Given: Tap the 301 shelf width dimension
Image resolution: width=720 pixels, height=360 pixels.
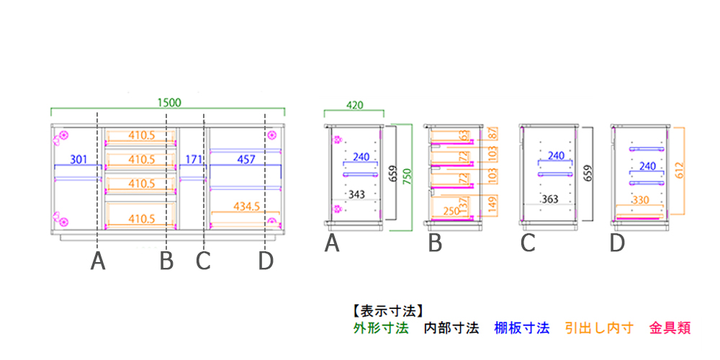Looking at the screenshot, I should coord(78,159).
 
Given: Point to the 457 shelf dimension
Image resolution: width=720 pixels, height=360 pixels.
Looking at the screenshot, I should coord(246,159).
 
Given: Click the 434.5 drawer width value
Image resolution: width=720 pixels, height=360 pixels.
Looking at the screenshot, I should coord(246,207).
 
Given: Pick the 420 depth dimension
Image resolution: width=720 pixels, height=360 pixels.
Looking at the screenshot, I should coord(355,104).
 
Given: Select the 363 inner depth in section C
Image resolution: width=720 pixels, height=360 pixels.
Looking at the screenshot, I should coord(550,199).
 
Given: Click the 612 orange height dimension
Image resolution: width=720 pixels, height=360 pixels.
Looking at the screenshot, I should coord(679,171).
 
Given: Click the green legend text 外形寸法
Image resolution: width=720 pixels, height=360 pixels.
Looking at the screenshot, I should coord(381,328).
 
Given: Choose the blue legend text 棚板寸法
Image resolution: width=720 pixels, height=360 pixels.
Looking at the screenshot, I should coord(521,328).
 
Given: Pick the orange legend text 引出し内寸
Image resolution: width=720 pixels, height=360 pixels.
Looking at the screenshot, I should coord(599,328).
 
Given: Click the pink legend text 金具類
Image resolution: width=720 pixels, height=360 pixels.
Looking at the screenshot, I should coord(670,328).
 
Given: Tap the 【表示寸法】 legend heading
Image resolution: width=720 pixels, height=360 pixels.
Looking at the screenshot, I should coord(384,312).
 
